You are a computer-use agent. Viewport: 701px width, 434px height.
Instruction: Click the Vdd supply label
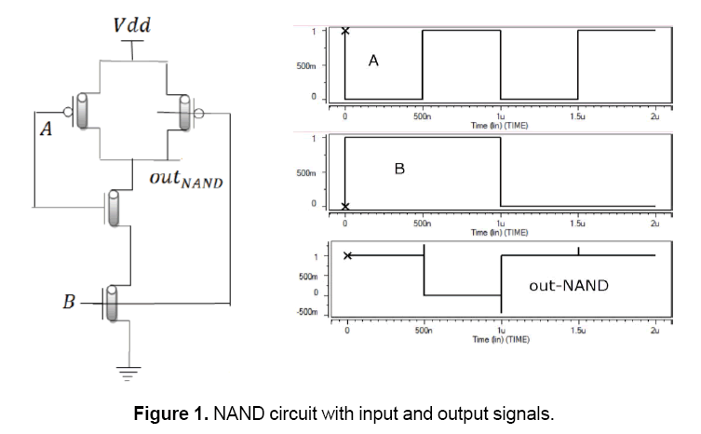coord(132,22)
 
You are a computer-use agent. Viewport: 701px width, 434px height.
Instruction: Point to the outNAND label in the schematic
coord(185,177)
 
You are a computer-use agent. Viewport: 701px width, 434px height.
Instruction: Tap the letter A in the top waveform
coord(373,61)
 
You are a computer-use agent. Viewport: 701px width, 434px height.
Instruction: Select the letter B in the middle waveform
coord(399,170)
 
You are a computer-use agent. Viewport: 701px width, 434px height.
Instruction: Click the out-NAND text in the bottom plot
coord(568,286)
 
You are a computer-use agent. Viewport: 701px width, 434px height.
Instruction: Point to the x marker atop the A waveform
coord(345,31)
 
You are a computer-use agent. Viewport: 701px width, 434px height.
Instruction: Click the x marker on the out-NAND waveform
coord(347,256)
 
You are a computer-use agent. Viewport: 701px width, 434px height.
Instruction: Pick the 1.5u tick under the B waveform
coord(576,224)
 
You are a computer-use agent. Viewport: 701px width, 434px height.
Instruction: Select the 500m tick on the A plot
coord(309,65)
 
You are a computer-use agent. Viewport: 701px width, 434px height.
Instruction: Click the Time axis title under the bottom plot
coord(500,340)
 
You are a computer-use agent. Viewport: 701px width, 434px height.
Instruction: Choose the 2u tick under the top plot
coord(654,116)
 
